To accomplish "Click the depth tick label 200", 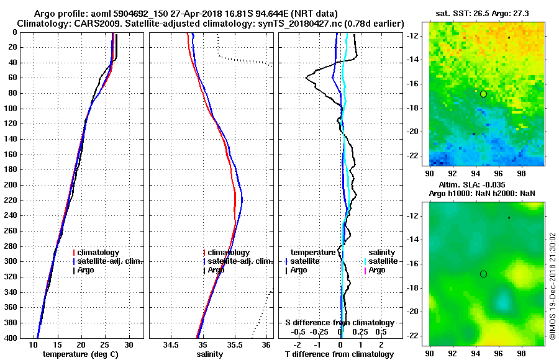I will point(12,185).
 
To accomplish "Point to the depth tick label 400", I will point(12,338).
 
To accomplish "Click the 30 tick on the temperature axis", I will point(129,344).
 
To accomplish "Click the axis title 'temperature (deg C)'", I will point(80,354).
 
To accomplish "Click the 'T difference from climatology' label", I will point(339,354).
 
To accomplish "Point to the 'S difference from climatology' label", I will point(339,323).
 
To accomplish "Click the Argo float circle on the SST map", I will point(483,94).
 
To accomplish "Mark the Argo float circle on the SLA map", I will point(483,274).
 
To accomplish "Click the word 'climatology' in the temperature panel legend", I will point(98,253).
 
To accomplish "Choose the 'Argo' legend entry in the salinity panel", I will point(216,270).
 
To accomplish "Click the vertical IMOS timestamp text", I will point(553,286).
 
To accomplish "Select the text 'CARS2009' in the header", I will point(83,23).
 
